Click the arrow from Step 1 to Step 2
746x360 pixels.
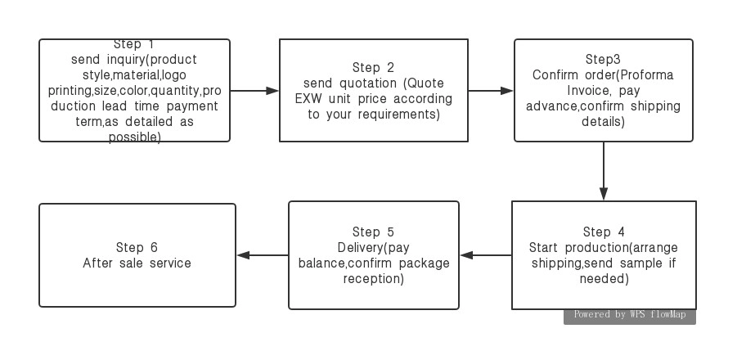tap(254, 91)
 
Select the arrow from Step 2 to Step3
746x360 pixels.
tap(491, 91)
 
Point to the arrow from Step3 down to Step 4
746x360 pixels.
tap(604, 171)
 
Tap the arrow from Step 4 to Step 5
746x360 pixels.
tap(486, 255)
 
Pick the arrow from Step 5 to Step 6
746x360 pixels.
tap(263, 255)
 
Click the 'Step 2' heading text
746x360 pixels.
tap(373, 68)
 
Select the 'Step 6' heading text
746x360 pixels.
tap(137, 248)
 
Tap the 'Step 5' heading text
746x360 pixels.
tap(373, 232)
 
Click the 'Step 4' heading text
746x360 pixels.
tap(604, 232)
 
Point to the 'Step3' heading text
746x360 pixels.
tap(603, 60)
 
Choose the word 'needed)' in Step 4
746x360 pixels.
tap(604, 278)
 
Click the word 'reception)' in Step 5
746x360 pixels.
tap(374, 278)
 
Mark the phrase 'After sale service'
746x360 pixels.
tap(137, 263)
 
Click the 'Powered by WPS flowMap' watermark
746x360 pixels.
tap(630, 314)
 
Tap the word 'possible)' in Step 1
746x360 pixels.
tap(135, 137)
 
